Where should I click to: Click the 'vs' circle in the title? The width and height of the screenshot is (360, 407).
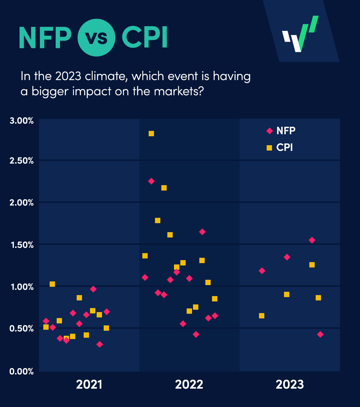(x=97, y=37)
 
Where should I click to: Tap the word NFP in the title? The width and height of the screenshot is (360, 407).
(x=45, y=37)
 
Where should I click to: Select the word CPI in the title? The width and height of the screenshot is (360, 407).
(x=144, y=37)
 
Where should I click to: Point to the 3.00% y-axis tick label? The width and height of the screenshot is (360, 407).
(x=22, y=121)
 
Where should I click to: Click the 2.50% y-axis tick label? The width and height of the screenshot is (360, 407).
(x=22, y=161)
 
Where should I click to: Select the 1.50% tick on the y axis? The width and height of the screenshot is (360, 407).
(x=22, y=245)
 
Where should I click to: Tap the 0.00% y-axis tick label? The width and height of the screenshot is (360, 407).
(x=22, y=371)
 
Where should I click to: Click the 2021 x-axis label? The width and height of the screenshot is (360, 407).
(x=89, y=385)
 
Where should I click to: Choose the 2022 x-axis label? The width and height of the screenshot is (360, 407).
(x=189, y=385)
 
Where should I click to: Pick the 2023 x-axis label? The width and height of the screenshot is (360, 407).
(x=290, y=385)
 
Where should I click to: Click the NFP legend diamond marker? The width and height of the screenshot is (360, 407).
(x=270, y=131)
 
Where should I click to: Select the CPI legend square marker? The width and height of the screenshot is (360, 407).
(x=269, y=148)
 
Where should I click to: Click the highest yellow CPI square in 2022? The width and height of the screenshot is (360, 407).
(x=151, y=134)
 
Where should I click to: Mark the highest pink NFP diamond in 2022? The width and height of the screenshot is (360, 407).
(x=151, y=181)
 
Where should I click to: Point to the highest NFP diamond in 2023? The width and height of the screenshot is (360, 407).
(x=312, y=240)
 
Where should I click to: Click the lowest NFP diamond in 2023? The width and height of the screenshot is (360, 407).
(x=320, y=334)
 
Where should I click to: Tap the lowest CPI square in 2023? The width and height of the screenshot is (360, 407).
(x=262, y=316)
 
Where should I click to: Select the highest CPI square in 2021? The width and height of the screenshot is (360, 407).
(x=52, y=284)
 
